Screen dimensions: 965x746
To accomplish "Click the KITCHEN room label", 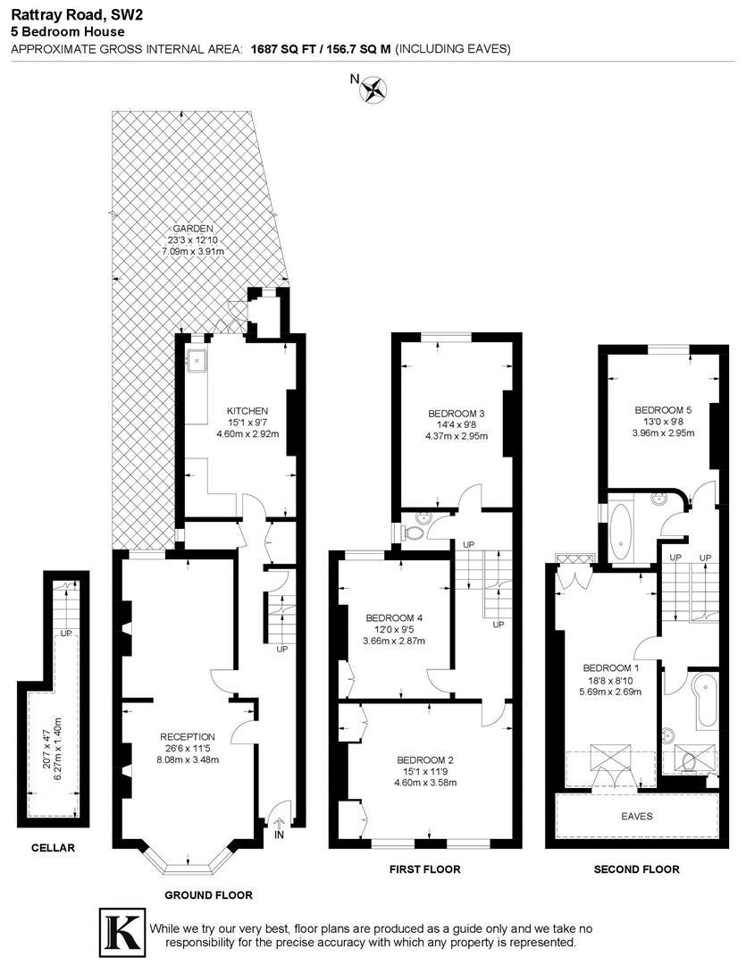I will coord(247,411).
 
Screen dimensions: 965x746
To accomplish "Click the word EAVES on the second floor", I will coord(637,816).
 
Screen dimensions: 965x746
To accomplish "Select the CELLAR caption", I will coord(54,848).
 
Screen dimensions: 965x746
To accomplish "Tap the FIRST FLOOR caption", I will coord(425,868).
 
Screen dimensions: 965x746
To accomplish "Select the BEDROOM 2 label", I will coord(426,759).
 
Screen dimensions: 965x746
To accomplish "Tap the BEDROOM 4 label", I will coord(394,617).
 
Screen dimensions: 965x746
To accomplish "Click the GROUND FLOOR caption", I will coord(209,894).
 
